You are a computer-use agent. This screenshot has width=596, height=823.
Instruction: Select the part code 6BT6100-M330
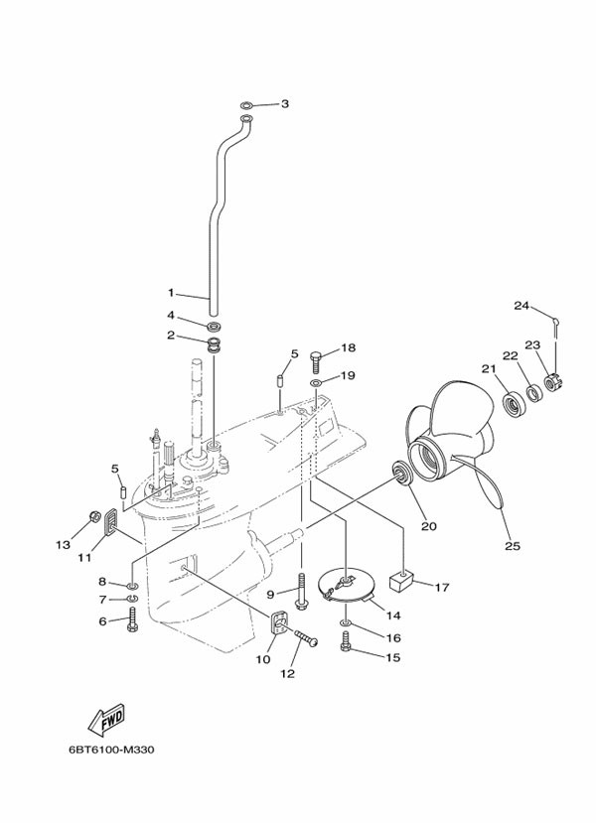(116, 750)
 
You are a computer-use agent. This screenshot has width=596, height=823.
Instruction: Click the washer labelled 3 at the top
(247, 104)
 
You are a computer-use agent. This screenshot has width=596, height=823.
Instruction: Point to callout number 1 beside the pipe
(171, 293)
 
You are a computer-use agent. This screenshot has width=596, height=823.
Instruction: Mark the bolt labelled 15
(346, 645)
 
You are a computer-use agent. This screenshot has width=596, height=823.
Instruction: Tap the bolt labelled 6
(132, 622)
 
